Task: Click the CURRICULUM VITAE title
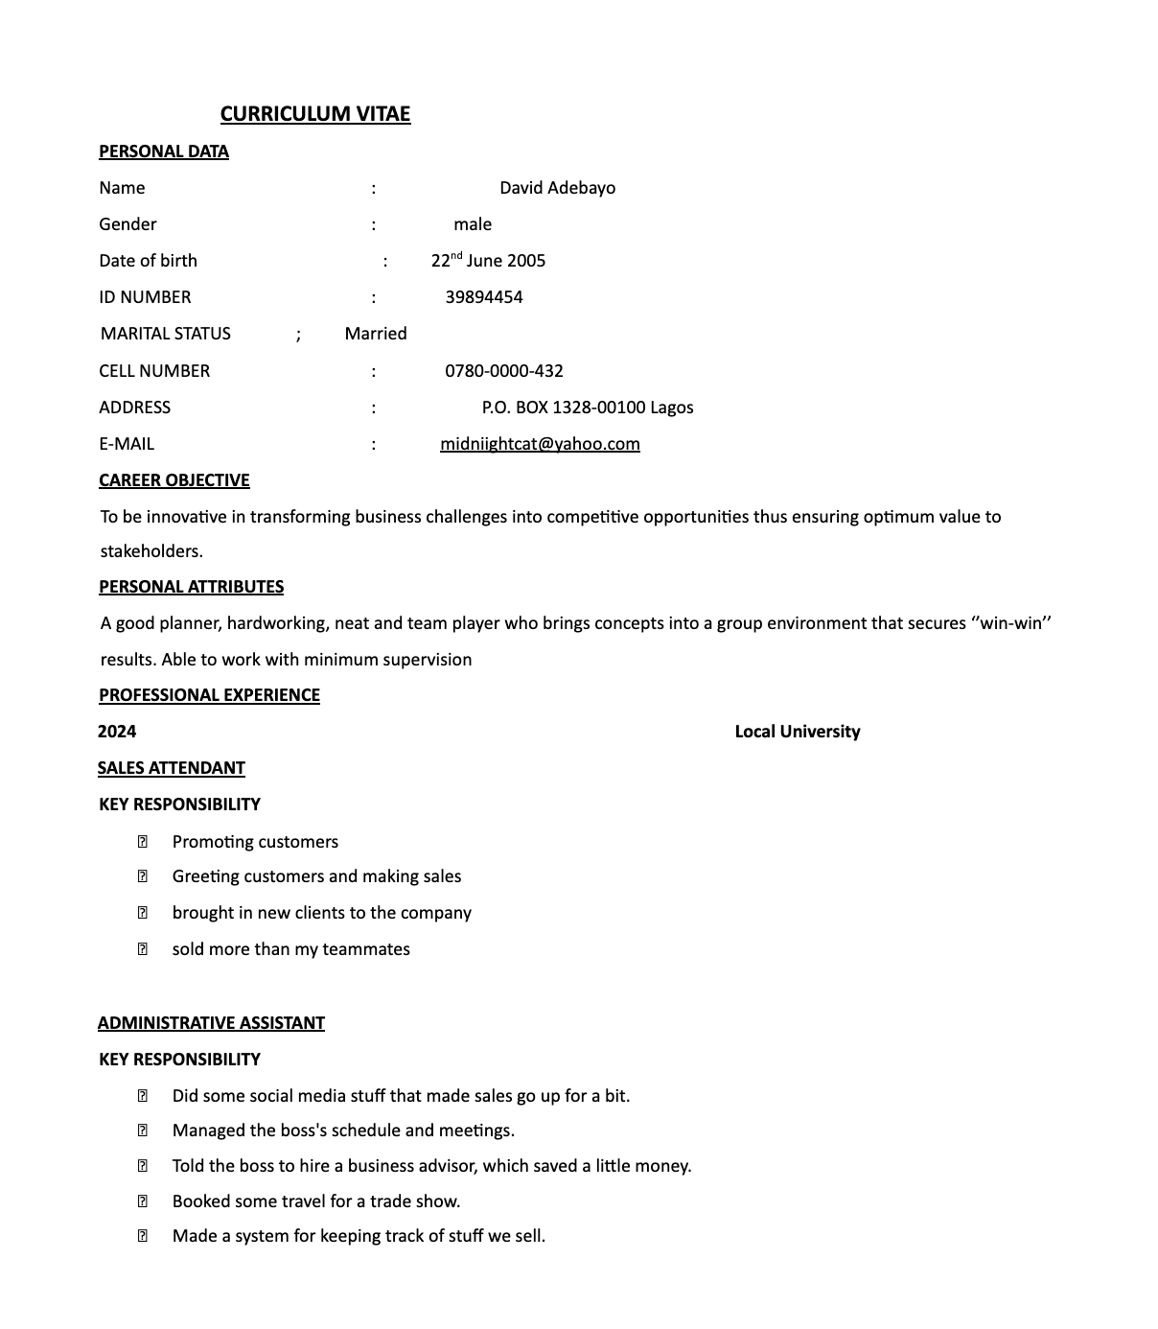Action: pos(314,114)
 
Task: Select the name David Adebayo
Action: pos(557,188)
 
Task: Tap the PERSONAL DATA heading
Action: pos(164,152)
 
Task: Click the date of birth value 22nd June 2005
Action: pos(488,261)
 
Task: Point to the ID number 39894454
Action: pos(484,297)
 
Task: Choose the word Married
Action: pos(376,334)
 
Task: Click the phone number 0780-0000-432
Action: pos(504,371)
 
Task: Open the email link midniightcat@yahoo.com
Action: pos(540,444)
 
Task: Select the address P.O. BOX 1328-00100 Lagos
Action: pos(588,408)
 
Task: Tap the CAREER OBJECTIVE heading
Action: pos(174,480)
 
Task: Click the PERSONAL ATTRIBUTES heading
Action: pos(192,587)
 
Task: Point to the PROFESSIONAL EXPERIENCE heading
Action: pos(209,695)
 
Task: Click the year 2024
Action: pos(117,732)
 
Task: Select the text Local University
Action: pos(798,732)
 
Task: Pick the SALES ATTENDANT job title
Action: pos(172,768)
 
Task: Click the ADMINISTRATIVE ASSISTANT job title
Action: pos(211,1023)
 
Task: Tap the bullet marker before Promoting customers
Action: pos(143,842)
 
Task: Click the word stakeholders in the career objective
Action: pos(151,551)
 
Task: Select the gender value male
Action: pos(473,224)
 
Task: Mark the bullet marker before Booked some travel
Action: pos(143,1201)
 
